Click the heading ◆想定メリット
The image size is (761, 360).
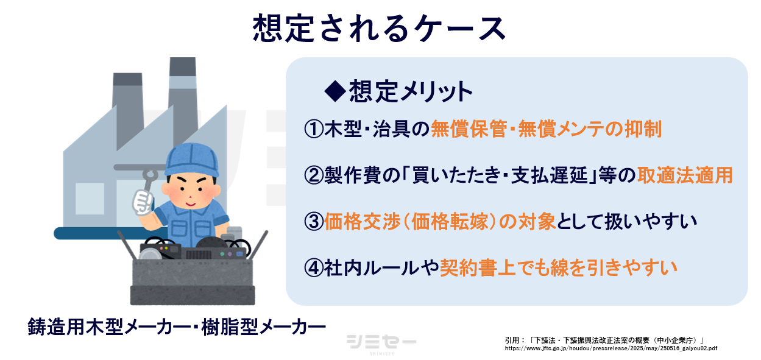(398, 91)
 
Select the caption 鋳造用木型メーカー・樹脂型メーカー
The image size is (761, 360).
(177, 326)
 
